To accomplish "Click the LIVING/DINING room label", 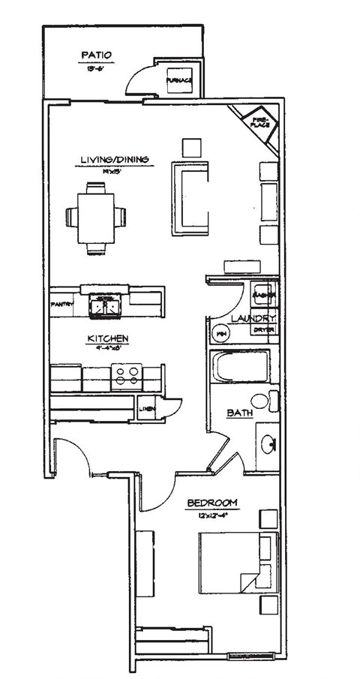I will [x=115, y=159].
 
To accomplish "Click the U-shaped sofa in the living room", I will [x=190, y=198].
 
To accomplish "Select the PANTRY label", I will [x=61, y=305].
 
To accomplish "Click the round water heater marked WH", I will [x=221, y=332].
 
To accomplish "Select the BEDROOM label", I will [x=213, y=502].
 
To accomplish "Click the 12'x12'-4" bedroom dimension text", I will [x=213, y=515].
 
